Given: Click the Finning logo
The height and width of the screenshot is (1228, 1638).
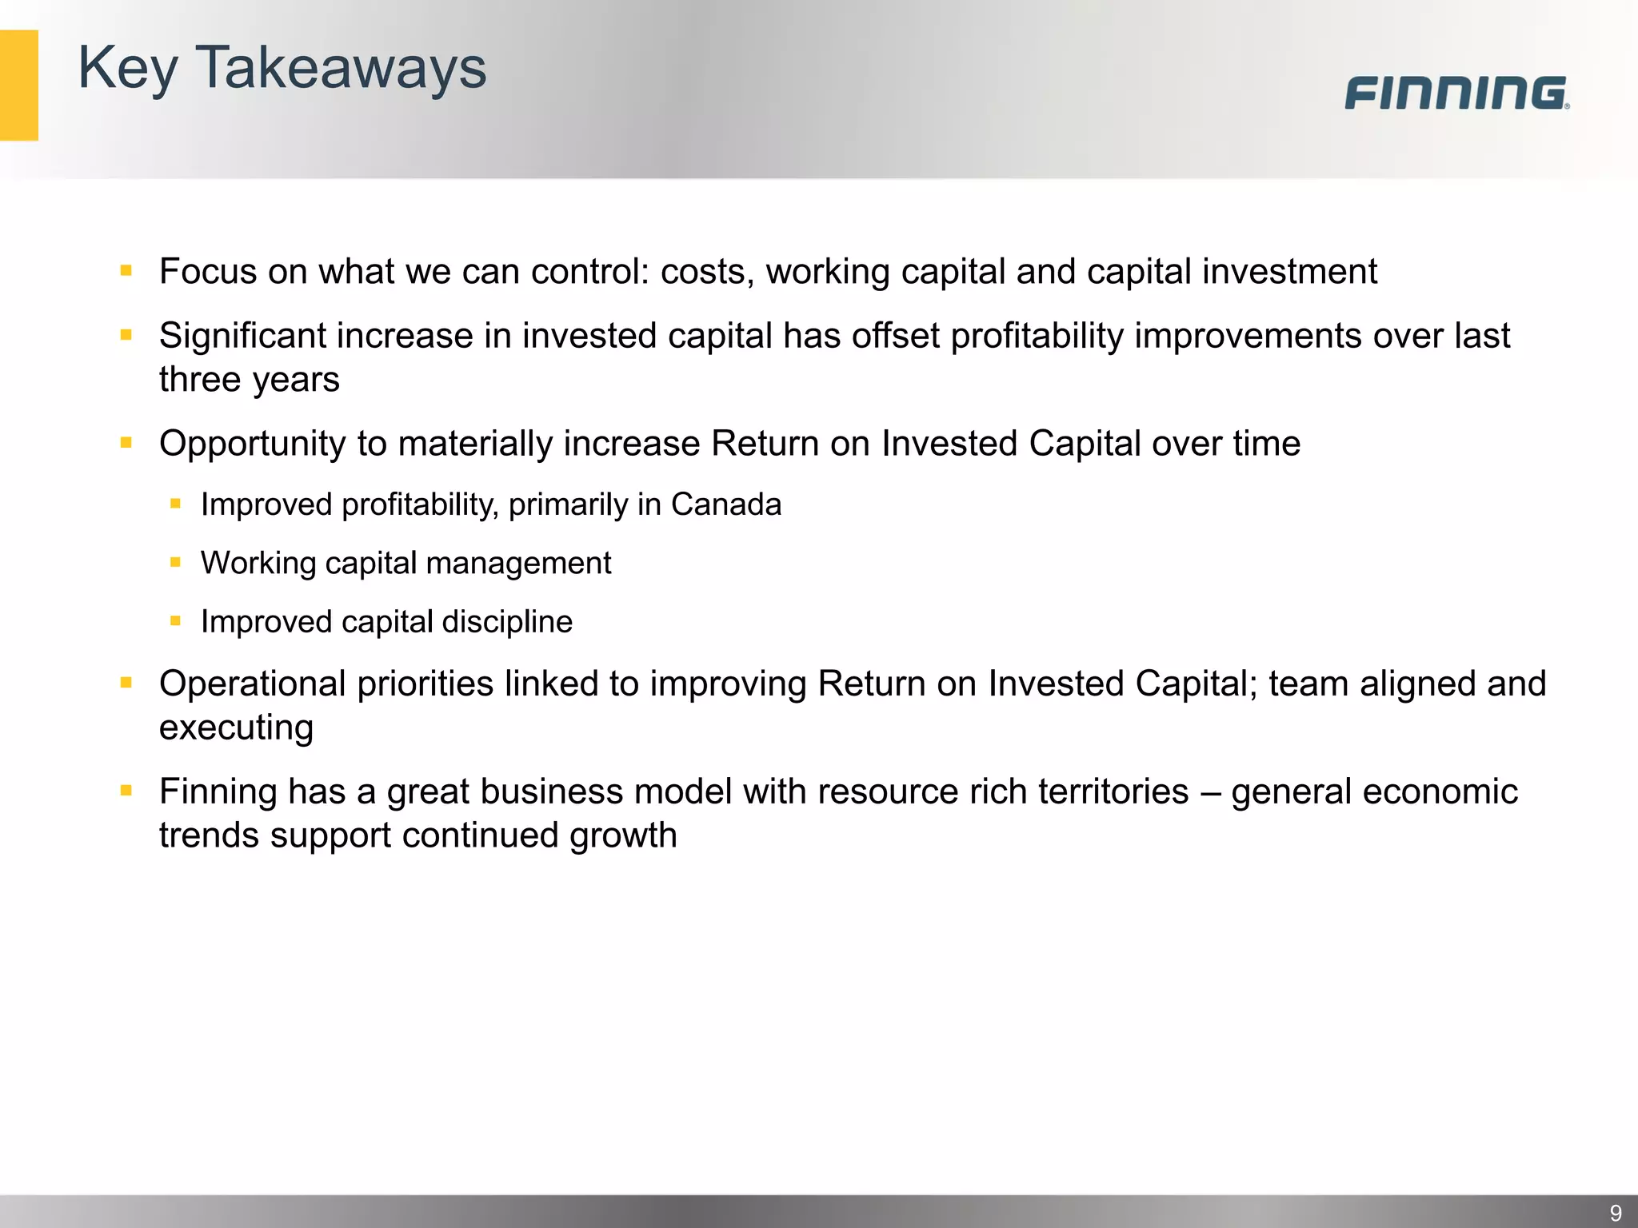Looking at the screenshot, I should pos(1456,94).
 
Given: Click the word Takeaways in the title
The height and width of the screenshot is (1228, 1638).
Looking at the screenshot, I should pos(341,68).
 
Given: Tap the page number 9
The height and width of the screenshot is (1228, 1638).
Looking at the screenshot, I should pos(1615,1213).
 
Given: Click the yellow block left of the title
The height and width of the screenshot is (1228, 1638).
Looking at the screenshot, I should pos(18,86).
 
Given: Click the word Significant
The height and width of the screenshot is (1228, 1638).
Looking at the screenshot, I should pos(243,336).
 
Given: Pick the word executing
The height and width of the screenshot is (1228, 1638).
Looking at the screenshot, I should pos(236,728).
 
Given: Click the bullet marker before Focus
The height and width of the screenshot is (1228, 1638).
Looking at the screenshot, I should pos(126,271).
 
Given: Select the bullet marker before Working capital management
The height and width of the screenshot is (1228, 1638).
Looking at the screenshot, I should pos(175,563).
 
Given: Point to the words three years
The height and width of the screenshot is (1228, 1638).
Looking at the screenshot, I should pos(249,380).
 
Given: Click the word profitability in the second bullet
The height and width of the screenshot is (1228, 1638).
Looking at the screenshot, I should pos(1037,336).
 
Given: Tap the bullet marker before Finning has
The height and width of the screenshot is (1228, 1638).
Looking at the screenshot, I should pos(126,791).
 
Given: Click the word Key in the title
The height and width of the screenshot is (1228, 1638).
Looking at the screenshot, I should pos(127,68).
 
